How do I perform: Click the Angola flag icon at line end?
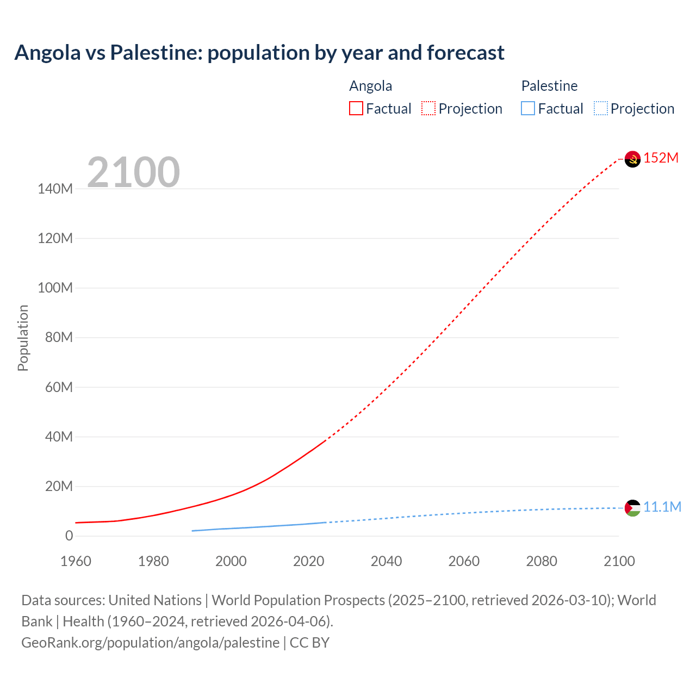click(x=632, y=159)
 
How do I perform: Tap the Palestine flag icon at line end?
click(x=632, y=508)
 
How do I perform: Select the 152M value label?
click(x=661, y=158)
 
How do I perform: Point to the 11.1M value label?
click(x=662, y=507)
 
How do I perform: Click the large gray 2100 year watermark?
click(x=133, y=172)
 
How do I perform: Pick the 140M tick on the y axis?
click(x=55, y=189)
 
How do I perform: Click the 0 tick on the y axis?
click(x=69, y=536)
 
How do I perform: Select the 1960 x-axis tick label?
click(x=76, y=561)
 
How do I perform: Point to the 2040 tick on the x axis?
click(x=386, y=561)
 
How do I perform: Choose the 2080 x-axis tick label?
click(x=542, y=561)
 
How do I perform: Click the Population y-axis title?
click(x=23, y=338)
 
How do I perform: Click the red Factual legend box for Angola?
click(x=356, y=109)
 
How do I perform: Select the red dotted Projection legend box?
click(x=428, y=109)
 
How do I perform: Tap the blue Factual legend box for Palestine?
click(x=528, y=109)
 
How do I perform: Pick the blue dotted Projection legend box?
click(x=601, y=109)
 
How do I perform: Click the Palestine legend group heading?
click(x=549, y=86)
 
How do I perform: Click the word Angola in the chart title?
click(x=48, y=53)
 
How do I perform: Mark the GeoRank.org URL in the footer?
click(x=150, y=643)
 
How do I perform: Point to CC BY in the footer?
click(x=309, y=643)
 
